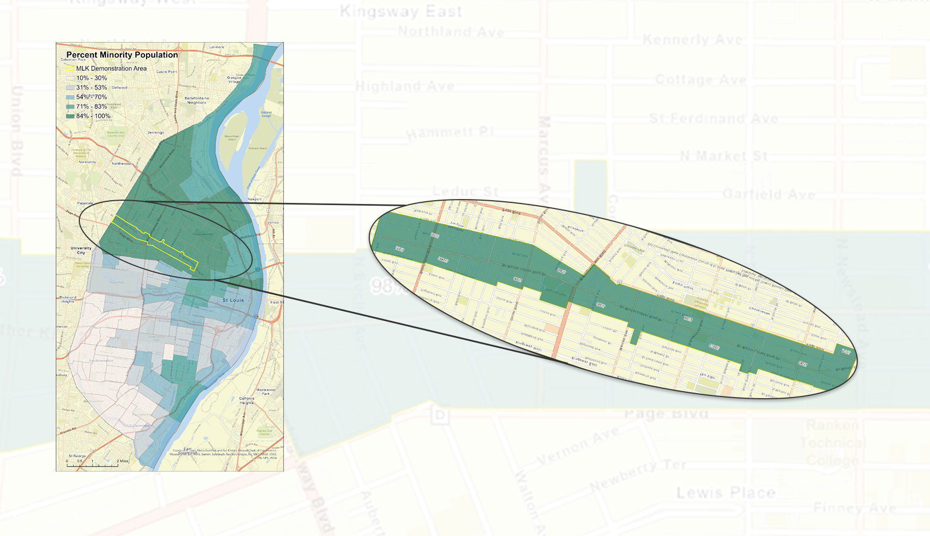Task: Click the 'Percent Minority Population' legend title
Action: tap(122, 55)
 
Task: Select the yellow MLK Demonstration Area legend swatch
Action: tap(69, 68)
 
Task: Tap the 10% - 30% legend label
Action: tap(91, 78)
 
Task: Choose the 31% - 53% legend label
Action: tap(91, 88)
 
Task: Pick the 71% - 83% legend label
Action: tap(91, 107)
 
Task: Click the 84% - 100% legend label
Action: tap(93, 116)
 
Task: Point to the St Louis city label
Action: tap(233, 300)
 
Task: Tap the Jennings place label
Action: tap(155, 132)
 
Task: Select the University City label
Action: tap(81, 250)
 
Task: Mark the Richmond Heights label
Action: tap(68, 299)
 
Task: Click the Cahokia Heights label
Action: tap(247, 401)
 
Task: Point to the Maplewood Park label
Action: tap(265, 392)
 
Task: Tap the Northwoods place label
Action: tap(121, 164)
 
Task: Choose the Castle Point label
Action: tap(166, 72)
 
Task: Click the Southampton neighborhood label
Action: tap(102, 360)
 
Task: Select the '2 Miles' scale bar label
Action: tap(123, 461)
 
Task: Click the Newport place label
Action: tap(254, 199)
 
